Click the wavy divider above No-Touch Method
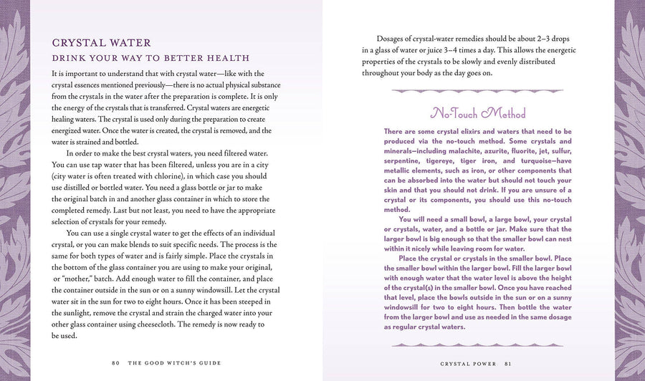478,91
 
